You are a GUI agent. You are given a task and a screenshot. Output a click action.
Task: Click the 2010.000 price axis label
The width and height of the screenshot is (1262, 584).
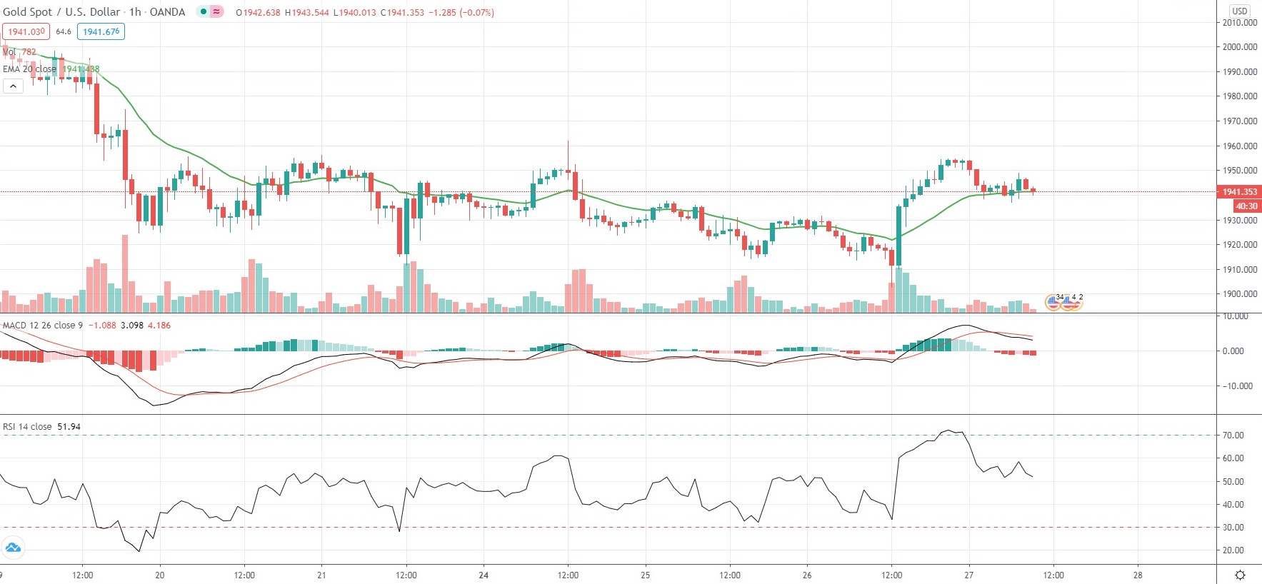[x=1239, y=22]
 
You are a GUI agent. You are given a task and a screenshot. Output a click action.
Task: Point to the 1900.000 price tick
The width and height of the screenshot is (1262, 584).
[x=1239, y=293]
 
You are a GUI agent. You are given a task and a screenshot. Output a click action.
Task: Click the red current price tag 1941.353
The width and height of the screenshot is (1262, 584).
[x=1239, y=191]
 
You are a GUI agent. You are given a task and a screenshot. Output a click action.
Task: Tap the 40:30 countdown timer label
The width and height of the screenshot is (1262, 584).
[x=1246, y=206]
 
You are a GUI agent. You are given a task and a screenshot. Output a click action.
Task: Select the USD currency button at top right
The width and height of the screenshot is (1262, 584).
[x=1239, y=11]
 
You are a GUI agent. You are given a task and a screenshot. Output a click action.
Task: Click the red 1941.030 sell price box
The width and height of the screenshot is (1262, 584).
[x=26, y=31]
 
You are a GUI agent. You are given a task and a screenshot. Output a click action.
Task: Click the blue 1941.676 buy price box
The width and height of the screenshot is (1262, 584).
[x=101, y=31]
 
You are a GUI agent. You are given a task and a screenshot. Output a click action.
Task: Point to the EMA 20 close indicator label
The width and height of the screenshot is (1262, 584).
[x=29, y=69]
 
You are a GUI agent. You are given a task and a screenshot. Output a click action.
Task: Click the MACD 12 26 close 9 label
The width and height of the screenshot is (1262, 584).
[x=42, y=325]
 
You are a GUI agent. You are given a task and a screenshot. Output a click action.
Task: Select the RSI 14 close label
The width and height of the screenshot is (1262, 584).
[x=27, y=426]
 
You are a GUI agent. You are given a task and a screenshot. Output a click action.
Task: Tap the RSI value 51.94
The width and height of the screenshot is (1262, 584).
[x=69, y=426]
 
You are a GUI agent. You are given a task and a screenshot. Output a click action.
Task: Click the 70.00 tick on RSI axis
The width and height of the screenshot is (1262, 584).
[x=1233, y=435]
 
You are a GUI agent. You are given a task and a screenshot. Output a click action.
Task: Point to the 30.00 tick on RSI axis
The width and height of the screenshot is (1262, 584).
[x=1233, y=527]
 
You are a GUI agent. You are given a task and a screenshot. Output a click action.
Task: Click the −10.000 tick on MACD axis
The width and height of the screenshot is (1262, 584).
[x=1238, y=386]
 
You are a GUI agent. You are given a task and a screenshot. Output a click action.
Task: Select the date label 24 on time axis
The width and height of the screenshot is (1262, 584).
[x=484, y=575]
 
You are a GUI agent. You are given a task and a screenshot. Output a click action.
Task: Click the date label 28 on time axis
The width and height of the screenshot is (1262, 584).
[x=1138, y=575]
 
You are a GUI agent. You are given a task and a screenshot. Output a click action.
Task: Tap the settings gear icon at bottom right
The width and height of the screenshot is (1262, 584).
[x=1240, y=575]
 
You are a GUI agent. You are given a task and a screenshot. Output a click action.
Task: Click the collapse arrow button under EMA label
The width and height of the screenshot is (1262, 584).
[x=13, y=86]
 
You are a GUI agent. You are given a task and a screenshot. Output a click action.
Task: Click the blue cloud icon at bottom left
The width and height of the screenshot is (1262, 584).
[x=13, y=548]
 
